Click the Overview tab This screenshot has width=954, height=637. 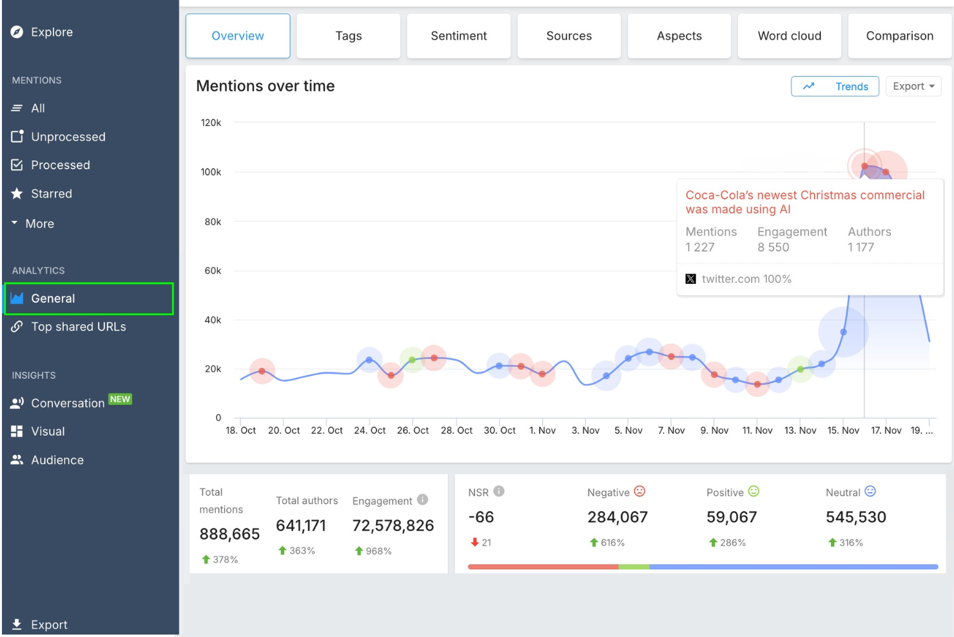click(238, 36)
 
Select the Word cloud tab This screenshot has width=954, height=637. click(789, 36)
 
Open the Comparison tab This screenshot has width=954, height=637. click(899, 36)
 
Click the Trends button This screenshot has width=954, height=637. click(835, 86)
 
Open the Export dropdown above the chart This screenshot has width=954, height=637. click(913, 86)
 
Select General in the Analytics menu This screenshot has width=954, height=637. click(54, 299)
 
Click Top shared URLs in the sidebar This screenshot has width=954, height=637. click(78, 327)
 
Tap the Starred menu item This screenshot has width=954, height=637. click(52, 194)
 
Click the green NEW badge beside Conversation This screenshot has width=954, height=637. click(120, 399)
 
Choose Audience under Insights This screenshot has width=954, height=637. click(57, 460)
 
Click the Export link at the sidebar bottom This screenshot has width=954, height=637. click(49, 625)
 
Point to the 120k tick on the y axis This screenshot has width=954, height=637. click(211, 123)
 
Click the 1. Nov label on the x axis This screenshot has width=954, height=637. click(542, 430)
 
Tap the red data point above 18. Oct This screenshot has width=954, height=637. click(262, 371)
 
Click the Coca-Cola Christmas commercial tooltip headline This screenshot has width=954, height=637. click(804, 202)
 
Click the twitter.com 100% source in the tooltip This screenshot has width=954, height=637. click(746, 279)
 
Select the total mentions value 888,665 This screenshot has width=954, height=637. click(229, 534)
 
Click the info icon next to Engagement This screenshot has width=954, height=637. click(422, 500)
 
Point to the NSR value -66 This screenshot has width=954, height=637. click(481, 518)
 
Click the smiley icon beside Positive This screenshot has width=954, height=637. click(754, 492)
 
